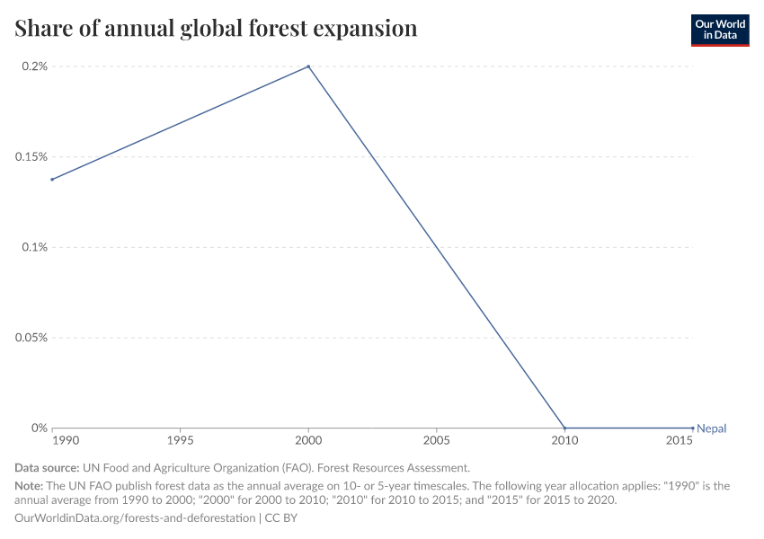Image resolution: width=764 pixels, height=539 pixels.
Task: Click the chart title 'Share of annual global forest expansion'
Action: pos(216,29)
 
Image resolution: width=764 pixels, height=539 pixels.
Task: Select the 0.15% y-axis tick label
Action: pos(31,157)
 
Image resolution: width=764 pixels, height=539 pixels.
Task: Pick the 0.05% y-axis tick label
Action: pos(31,338)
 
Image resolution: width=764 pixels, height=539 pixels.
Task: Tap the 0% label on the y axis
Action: pos(39,429)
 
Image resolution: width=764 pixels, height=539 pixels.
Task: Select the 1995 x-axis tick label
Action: pos(181,442)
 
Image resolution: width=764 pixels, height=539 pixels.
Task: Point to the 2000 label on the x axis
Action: pos(308,442)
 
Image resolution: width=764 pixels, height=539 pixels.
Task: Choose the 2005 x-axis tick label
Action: pos(437,442)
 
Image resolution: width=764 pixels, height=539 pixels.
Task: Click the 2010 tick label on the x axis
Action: pos(564,442)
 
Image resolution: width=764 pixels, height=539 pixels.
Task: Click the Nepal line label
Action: pos(712,429)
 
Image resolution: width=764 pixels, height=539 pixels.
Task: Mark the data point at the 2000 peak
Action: pos(308,66)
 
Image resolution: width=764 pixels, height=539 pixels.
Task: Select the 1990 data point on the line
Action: pos(52,180)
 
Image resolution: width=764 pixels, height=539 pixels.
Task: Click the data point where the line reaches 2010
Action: pos(564,428)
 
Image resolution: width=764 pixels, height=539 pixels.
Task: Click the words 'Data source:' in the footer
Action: pos(47,468)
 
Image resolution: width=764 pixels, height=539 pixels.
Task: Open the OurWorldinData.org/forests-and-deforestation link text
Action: pos(135,518)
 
